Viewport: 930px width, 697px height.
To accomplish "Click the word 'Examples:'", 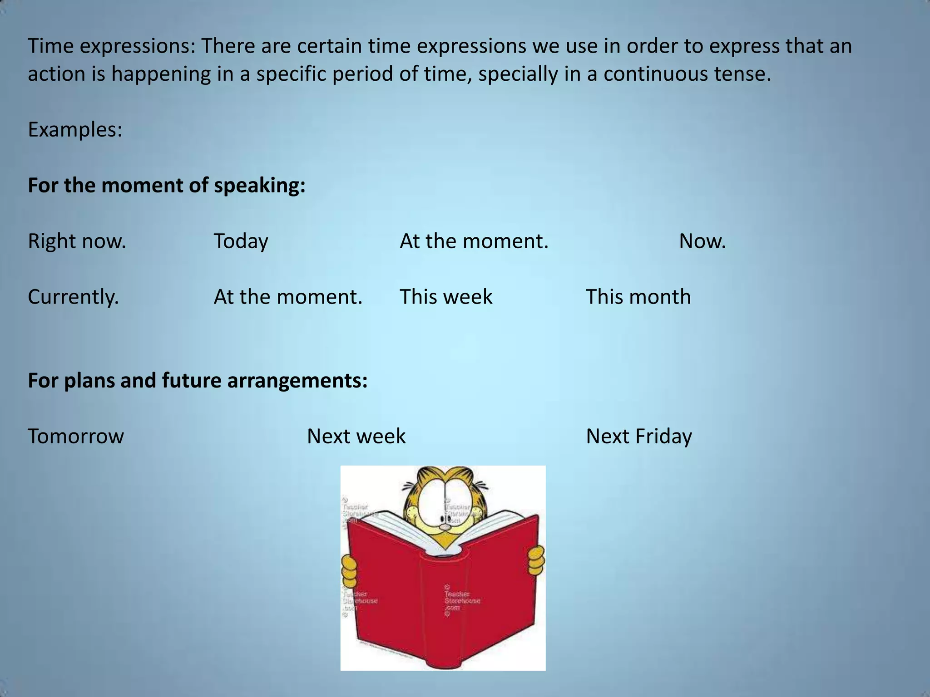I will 75,130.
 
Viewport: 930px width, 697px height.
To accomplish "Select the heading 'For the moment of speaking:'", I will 166,186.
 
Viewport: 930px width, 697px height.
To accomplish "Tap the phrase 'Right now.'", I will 77,241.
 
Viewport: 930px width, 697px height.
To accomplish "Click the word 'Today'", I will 241,241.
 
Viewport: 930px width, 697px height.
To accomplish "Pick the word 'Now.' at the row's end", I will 702,241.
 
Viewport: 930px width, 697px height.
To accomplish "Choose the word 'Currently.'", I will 73,297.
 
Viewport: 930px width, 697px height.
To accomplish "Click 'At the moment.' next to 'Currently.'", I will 288,297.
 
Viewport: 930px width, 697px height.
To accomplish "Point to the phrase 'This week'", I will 445,297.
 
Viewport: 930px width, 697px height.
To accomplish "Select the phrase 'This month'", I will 638,297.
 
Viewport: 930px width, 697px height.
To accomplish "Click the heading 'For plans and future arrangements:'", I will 198,380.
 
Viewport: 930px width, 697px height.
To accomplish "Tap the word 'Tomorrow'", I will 75,436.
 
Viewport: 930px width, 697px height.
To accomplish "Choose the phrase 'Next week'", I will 356,436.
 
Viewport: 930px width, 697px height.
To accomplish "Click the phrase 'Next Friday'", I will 638,436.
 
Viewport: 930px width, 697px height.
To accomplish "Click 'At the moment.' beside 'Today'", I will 474,241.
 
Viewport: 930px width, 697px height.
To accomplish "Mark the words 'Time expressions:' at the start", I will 111,46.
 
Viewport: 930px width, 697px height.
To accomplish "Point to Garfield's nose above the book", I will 445,527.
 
